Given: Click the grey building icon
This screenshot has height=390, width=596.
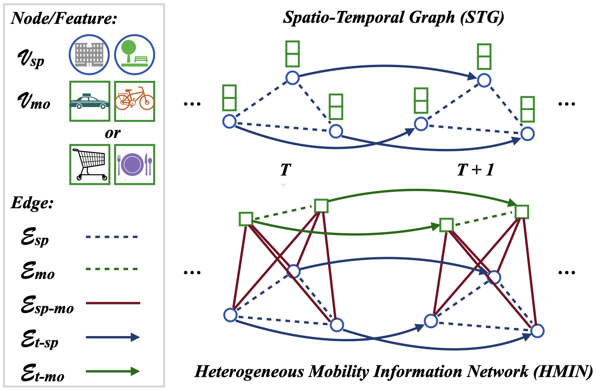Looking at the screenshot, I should (89, 54).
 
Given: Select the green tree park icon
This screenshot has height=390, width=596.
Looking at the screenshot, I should (135, 54).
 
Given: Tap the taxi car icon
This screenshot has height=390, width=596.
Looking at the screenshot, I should (90, 101).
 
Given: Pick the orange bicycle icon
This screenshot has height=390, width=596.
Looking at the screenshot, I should (135, 101).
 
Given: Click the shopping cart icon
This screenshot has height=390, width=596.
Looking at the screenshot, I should (90, 165).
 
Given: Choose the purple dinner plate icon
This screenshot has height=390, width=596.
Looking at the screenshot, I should (135, 165).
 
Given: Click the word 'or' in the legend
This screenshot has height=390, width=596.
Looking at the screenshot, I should (113, 134).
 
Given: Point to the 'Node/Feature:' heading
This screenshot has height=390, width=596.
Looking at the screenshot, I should (64, 18).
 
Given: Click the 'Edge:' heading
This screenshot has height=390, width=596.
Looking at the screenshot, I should (32, 203).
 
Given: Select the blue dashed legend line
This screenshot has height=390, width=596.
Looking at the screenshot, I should (112, 237).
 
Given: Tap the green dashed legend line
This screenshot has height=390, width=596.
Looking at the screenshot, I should (112, 269).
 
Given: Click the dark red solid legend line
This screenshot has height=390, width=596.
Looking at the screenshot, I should (113, 303).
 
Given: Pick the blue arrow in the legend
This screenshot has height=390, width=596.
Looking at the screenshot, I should (113, 337).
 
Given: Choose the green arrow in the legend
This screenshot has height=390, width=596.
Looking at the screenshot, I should (113, 371).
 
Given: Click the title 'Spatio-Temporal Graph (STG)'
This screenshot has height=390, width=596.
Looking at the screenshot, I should (393, 18).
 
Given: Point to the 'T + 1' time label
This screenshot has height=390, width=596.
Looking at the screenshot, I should (476, 170).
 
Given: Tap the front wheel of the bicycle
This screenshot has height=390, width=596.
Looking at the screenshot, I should (147, 103).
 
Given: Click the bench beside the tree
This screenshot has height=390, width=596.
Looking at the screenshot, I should (141, 59).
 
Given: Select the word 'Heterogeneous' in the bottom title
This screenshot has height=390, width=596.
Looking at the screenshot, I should (249, 371).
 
